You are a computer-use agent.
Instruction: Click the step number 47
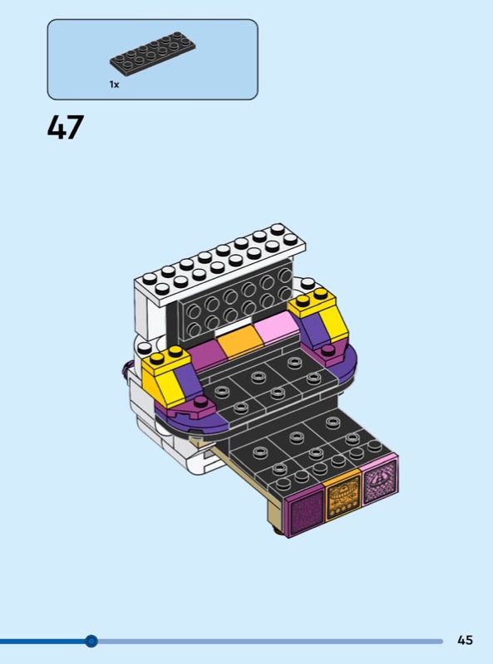[66, 127]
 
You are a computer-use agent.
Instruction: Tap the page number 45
[465, 639]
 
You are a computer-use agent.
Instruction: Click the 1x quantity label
[114, 85]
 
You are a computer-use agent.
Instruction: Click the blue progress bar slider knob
[91, 641]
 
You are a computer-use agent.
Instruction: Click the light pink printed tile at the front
[380, 480]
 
